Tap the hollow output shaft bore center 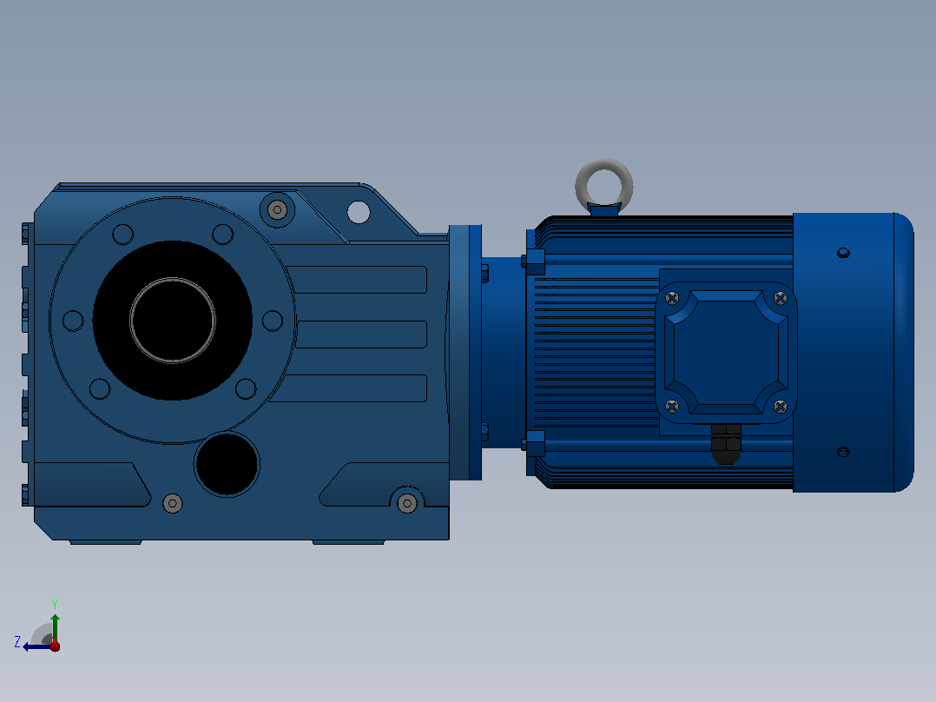(173, 321)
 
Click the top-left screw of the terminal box (672, 298)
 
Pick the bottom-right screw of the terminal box (781, 407)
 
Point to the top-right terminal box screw (781, 297)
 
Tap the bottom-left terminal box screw (672, 407)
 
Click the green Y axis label (55, 604)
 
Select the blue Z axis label (17, 642)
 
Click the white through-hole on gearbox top (358, 212)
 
